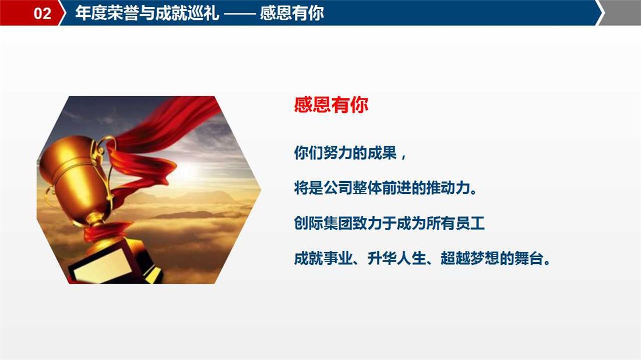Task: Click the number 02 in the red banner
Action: (42, 13)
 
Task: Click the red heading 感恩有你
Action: (331, 105)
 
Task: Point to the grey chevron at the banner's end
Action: (620, 13)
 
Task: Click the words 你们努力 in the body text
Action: (323, 153)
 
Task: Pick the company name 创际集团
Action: (323, 223)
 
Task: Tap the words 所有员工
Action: (456, 223)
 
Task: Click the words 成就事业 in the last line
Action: (323, 258)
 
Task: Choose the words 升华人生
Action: (396, 258)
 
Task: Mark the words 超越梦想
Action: (470, 258)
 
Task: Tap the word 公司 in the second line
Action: (337, 188)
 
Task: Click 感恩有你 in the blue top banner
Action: (292, 13)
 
